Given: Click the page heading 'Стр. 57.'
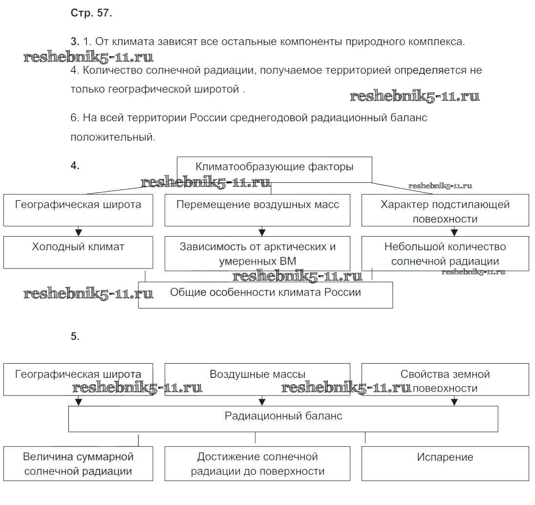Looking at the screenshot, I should (91, 13).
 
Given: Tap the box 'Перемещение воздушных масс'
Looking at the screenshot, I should (257, 210).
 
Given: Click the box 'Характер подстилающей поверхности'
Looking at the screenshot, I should (445, 210).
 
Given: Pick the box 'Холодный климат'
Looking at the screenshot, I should (78, 252).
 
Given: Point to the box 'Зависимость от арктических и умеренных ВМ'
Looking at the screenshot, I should (257, 253).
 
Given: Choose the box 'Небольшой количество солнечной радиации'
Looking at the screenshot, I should (445, 253).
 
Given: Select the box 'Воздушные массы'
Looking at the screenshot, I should (257, 379).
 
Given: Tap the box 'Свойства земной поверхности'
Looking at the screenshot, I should (445, 379).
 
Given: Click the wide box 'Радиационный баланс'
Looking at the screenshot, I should (283, 419).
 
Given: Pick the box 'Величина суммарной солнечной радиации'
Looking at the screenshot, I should (78, 463).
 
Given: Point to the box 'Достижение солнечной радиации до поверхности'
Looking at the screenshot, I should (257, 463).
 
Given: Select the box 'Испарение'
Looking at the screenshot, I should (445, 463).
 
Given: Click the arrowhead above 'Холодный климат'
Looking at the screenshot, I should (78, 232).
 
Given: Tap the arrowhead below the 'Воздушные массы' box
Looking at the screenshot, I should (262, 402).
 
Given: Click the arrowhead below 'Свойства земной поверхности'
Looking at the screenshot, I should (454, 402).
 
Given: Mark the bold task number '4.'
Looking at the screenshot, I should (75, 166).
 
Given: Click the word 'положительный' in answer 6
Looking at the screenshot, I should (112, 137).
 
